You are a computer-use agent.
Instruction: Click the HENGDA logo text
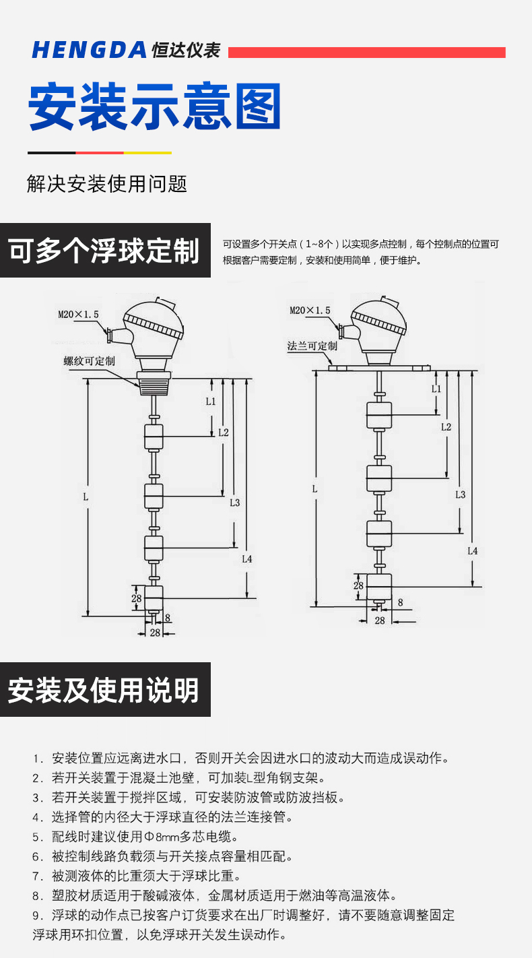pyautogui.click(x=89, y=50)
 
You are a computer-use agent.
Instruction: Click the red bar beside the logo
pyautogui.click(x=367, y=53)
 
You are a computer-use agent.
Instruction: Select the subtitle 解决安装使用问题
pyautogui.click(x=107, y=183)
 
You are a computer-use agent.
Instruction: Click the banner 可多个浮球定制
pyautogui.click(x=105, y=251)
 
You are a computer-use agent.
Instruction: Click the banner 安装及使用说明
pyautogui.click(x=104, y=690)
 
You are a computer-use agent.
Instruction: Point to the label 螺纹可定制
pyautogui.click(x=89, y=361)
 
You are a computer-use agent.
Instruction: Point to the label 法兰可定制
pyautogui.click(x=312, y=346)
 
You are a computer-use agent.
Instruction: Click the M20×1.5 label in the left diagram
pyautogui.click(x=78, y=314)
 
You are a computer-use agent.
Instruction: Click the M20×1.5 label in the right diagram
pyautogui.click(x=310, y=311)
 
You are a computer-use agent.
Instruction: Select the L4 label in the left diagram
pyautogui.click(x=246, y=558)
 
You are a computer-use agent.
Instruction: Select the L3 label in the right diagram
pyautogui.click(x=460, y=494)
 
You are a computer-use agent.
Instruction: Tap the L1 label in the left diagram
pyautogui.click(x=211, y=402)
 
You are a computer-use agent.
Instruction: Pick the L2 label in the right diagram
pyautogui.click(x=446, y=426)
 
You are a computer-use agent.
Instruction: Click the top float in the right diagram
pyautogui.click(x=378, y=415)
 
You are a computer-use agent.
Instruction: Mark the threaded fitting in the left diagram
pyautogui.click(x=154, y=383)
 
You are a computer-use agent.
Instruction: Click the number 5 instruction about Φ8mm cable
pyautogui.click(x=135, y=837)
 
